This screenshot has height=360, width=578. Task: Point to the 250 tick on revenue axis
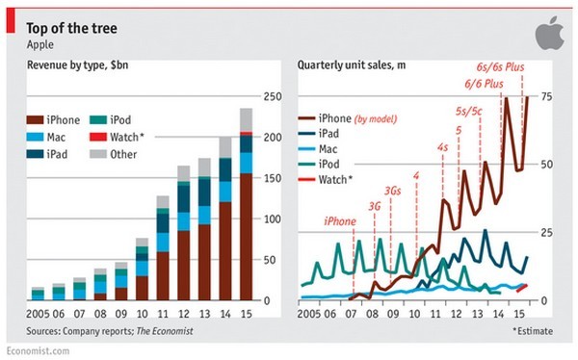(273, 96)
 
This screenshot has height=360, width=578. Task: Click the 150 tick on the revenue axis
(273, 178)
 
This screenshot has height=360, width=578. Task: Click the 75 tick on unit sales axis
(545, 96)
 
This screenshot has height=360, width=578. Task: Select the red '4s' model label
(442, 147)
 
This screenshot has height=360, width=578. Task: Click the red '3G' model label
(375, 204)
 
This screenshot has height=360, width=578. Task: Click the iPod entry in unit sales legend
(329, 165)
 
